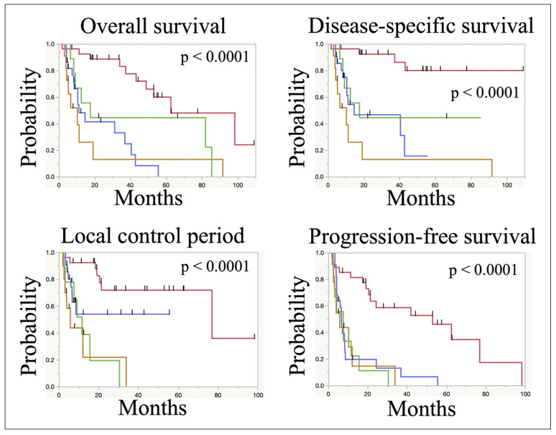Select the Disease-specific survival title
[x=421, y=26]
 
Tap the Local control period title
[x=153, y=236]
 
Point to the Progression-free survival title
[x=421, y=236]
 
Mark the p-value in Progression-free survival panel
[x=483, y=268]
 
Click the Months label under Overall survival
[x=148, y=196]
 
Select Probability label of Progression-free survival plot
[x=300, y=320]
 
